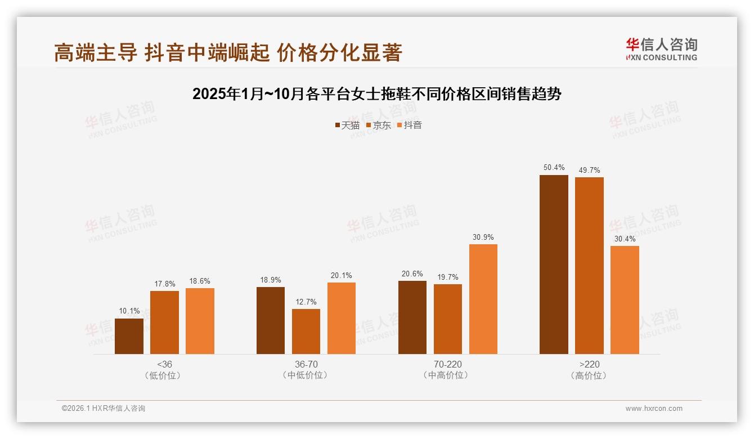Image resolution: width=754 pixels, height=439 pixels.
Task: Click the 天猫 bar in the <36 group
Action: coord(129,336)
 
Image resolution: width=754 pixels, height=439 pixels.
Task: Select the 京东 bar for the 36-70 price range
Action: coord(306,332)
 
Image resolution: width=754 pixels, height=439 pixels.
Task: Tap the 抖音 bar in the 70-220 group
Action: coord(483,299)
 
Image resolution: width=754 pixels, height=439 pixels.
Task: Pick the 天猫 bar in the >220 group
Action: coord(554,265)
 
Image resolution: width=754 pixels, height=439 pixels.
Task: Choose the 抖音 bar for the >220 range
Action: coord(625,300)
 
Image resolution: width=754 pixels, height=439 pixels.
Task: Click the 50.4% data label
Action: coord(554,168)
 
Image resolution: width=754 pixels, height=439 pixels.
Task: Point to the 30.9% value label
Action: coord(483,238)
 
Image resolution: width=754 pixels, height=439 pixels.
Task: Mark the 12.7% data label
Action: coord(306,302)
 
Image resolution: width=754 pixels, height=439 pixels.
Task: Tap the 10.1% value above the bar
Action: coord(129,311)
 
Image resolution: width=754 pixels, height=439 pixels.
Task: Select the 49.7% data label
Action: coord(589,171)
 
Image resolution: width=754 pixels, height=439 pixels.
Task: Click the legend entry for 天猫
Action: coord(347,126)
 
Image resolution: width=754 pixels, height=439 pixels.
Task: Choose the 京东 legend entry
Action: coord(379,126)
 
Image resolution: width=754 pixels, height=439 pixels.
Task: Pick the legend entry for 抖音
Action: coord(410,126)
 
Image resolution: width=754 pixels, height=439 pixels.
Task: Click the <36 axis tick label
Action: coord(164,364)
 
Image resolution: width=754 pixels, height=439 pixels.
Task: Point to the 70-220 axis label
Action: coord(448,364)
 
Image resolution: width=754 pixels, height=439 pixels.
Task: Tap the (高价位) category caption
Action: coord(589,375)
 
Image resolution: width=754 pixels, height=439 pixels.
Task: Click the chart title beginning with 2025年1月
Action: coord(377,94)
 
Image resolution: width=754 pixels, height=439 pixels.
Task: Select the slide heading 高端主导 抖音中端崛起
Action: coord(228,52)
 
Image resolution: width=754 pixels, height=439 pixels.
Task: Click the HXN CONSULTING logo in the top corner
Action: coord(661,49)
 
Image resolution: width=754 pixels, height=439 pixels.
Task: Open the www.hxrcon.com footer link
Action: coord(654,409)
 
